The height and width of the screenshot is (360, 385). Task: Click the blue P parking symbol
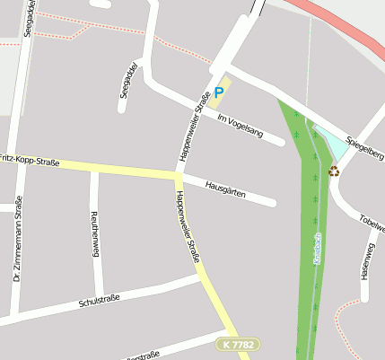[x=218, y=92]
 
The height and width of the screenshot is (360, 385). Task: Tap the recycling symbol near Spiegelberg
[x=334, y=171]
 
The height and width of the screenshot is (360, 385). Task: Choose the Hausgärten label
[x=225, y=189]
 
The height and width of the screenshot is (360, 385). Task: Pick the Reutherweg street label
[x=94, y=233]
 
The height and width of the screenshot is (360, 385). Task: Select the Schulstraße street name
[x=99, y=298]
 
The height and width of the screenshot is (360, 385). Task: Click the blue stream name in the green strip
[x=317, y=248]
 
